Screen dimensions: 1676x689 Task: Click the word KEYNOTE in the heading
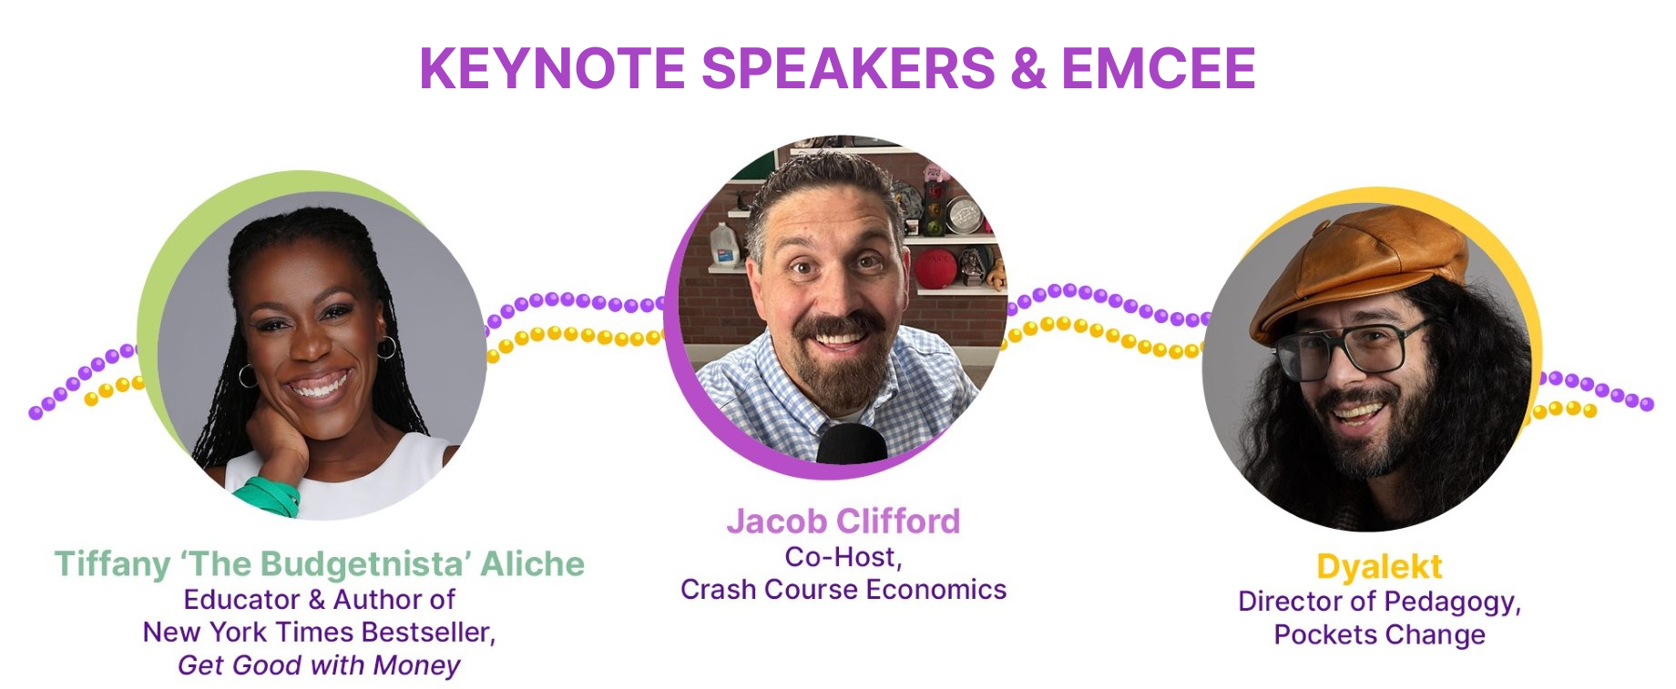click(x=552, y=68)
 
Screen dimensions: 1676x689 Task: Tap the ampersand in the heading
click(x=1027, y=68)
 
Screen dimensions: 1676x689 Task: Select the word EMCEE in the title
click(x=1159, y=68)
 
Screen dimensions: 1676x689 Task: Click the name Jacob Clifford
click(x=843, y=521)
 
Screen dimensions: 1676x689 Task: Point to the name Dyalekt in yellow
click(x=1379, y=567)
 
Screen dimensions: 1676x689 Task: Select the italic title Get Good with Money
click(x=319, y=665)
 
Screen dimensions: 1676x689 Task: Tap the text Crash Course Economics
click(x=843, y=590)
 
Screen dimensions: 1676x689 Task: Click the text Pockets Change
click(x=1379, y=634)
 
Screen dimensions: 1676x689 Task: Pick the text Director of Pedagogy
click(x=1379, y=602)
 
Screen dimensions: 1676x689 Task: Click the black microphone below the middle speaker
click(x=852, y=443)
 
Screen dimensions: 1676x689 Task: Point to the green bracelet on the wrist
click(x=270, y=497)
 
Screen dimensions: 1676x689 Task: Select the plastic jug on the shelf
click(x=724, y=246)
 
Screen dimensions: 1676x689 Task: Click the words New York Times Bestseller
click(x=319, y=632)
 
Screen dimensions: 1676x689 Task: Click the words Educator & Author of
click(x=319, y=599)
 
